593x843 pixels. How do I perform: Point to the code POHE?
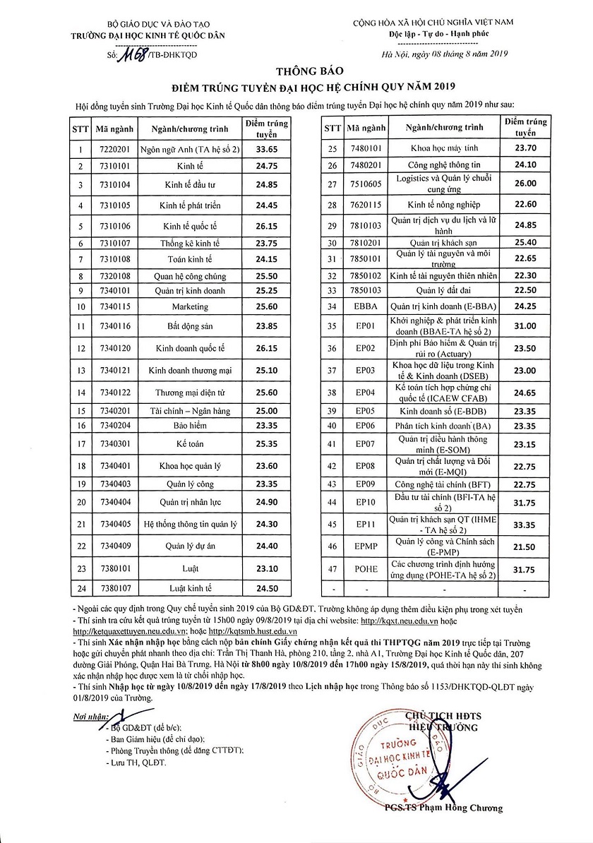367,569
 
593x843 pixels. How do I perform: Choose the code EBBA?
367,306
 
